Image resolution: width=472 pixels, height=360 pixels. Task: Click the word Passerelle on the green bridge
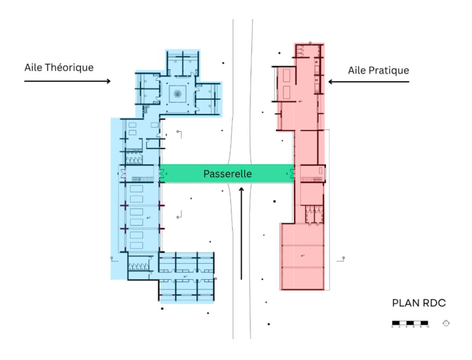(227, 174)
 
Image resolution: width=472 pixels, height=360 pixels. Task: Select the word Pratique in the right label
(391, 71)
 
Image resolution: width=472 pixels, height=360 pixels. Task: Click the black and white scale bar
(410, 323)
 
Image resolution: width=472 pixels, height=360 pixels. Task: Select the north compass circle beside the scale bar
(446, 323)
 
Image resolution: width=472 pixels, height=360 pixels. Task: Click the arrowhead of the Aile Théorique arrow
(109, 82)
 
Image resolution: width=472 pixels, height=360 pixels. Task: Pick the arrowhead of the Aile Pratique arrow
(330, 82)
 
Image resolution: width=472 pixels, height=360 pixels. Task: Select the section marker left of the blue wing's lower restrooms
(112, 258)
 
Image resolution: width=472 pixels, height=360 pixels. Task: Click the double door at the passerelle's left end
(162, 174)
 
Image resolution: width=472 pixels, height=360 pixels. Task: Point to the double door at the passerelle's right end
(291, 174)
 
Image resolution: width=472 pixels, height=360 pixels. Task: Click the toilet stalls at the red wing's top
(303, 51)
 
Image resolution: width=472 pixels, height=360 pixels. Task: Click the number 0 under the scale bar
(393, 327)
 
